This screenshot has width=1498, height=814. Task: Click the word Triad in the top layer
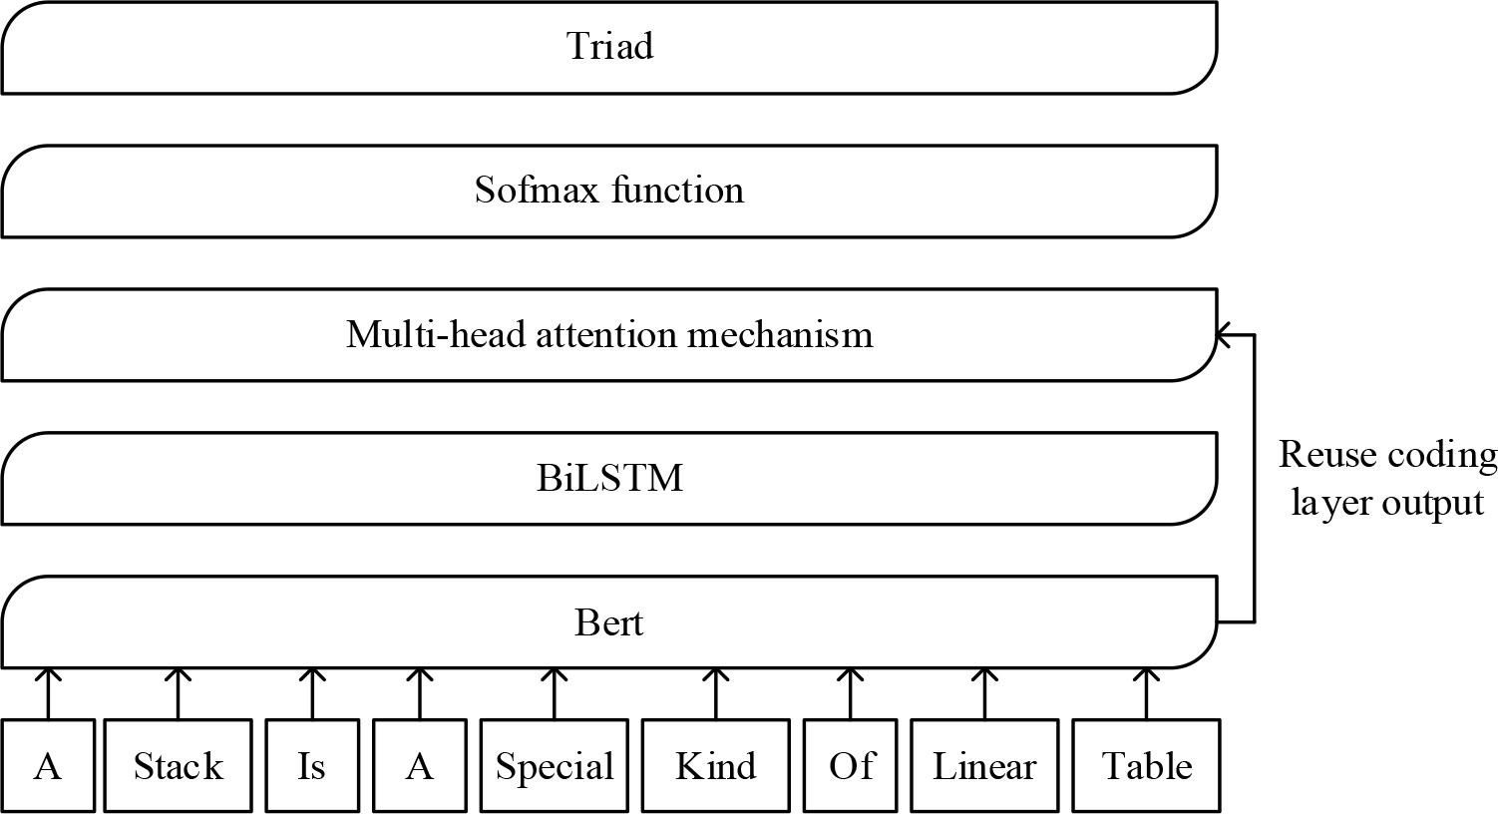609,47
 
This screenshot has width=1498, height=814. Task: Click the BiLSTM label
609,479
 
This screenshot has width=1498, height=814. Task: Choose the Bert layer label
609,623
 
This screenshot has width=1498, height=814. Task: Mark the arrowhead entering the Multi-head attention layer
1223,335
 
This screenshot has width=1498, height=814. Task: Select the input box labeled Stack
179,766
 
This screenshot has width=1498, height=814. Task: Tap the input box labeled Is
311,766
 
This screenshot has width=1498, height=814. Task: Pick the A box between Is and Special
420,766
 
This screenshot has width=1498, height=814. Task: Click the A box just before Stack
47,766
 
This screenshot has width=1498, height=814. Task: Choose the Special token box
554,766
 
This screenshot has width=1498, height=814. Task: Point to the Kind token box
715,766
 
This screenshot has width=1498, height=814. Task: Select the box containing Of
851,766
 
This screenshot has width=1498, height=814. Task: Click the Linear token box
984,766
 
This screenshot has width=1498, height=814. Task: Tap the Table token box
1147,766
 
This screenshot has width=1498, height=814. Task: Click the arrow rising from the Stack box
179,693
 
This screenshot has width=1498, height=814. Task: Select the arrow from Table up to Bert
1147,693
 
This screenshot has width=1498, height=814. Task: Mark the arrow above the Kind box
715,693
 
